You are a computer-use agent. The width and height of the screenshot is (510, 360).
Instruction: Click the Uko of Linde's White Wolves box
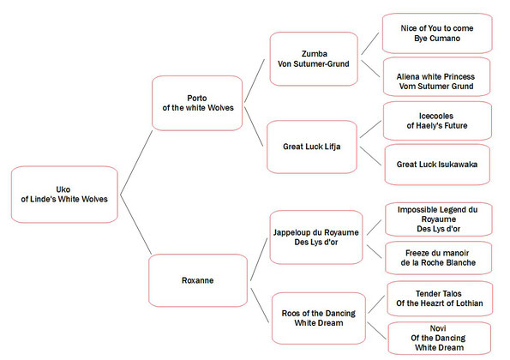64,195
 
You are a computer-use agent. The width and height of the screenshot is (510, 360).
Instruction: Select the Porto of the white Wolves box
197,103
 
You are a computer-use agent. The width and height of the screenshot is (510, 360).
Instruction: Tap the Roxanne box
198,280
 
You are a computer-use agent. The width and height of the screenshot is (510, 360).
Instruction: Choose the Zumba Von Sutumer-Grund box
314,59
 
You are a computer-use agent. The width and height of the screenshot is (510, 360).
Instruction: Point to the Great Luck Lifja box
312,147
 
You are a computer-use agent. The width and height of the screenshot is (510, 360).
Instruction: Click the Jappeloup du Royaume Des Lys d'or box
316,237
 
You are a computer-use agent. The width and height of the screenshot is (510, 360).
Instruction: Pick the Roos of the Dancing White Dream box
319,318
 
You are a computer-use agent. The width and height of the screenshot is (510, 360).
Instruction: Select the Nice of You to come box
437,33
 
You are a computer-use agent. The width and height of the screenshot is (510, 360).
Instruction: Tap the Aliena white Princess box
436,77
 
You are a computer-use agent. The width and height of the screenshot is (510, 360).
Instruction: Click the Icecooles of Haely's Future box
437,121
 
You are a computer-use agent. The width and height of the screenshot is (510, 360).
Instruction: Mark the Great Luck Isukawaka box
437,165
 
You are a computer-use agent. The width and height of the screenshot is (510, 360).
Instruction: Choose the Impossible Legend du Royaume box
439,219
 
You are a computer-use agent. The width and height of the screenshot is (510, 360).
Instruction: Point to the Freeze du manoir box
438,258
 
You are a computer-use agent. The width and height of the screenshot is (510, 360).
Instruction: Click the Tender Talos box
440,298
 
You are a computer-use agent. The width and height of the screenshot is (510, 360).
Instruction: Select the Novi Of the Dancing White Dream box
440,339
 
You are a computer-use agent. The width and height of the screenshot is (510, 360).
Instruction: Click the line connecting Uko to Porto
136,163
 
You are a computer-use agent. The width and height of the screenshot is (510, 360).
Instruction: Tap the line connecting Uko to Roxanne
135,225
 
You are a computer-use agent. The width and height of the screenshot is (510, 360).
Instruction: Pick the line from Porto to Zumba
255,81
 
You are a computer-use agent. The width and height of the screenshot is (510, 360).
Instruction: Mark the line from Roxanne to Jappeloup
259,259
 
